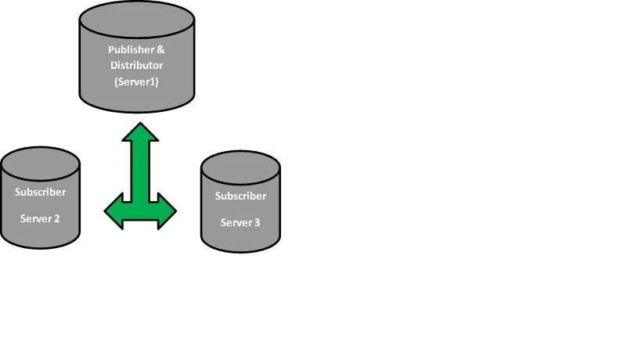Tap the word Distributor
click(136, 66)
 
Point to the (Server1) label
click(136, 81)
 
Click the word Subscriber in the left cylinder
click(41, 192)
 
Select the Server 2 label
click(40, 218)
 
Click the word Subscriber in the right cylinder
click(240, 196)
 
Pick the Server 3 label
click(240, 222)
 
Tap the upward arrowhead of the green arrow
click(141, 131)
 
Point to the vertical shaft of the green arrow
click(141, 168)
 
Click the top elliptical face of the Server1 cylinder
click(136, 20)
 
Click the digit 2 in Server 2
click(56, 218)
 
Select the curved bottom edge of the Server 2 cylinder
click(40, 248)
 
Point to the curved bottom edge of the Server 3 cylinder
click(240, 252)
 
